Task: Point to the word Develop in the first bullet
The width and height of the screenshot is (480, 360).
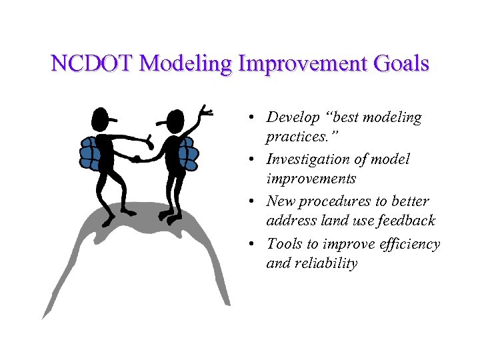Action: pyautogui.click(x=291, y=118)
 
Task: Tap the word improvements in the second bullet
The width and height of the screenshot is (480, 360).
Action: pyautogui.click(x=311, y=179)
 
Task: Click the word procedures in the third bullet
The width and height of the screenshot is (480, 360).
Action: pyautogui.click(x=332, y=201)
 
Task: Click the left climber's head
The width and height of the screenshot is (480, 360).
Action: pyautogui.click(x=101, y=121)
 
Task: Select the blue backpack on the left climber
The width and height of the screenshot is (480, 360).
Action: pyautogui.click(x=90, y=153)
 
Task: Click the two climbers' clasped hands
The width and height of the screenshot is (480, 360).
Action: pyautogui.click(x=136, y=159)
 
